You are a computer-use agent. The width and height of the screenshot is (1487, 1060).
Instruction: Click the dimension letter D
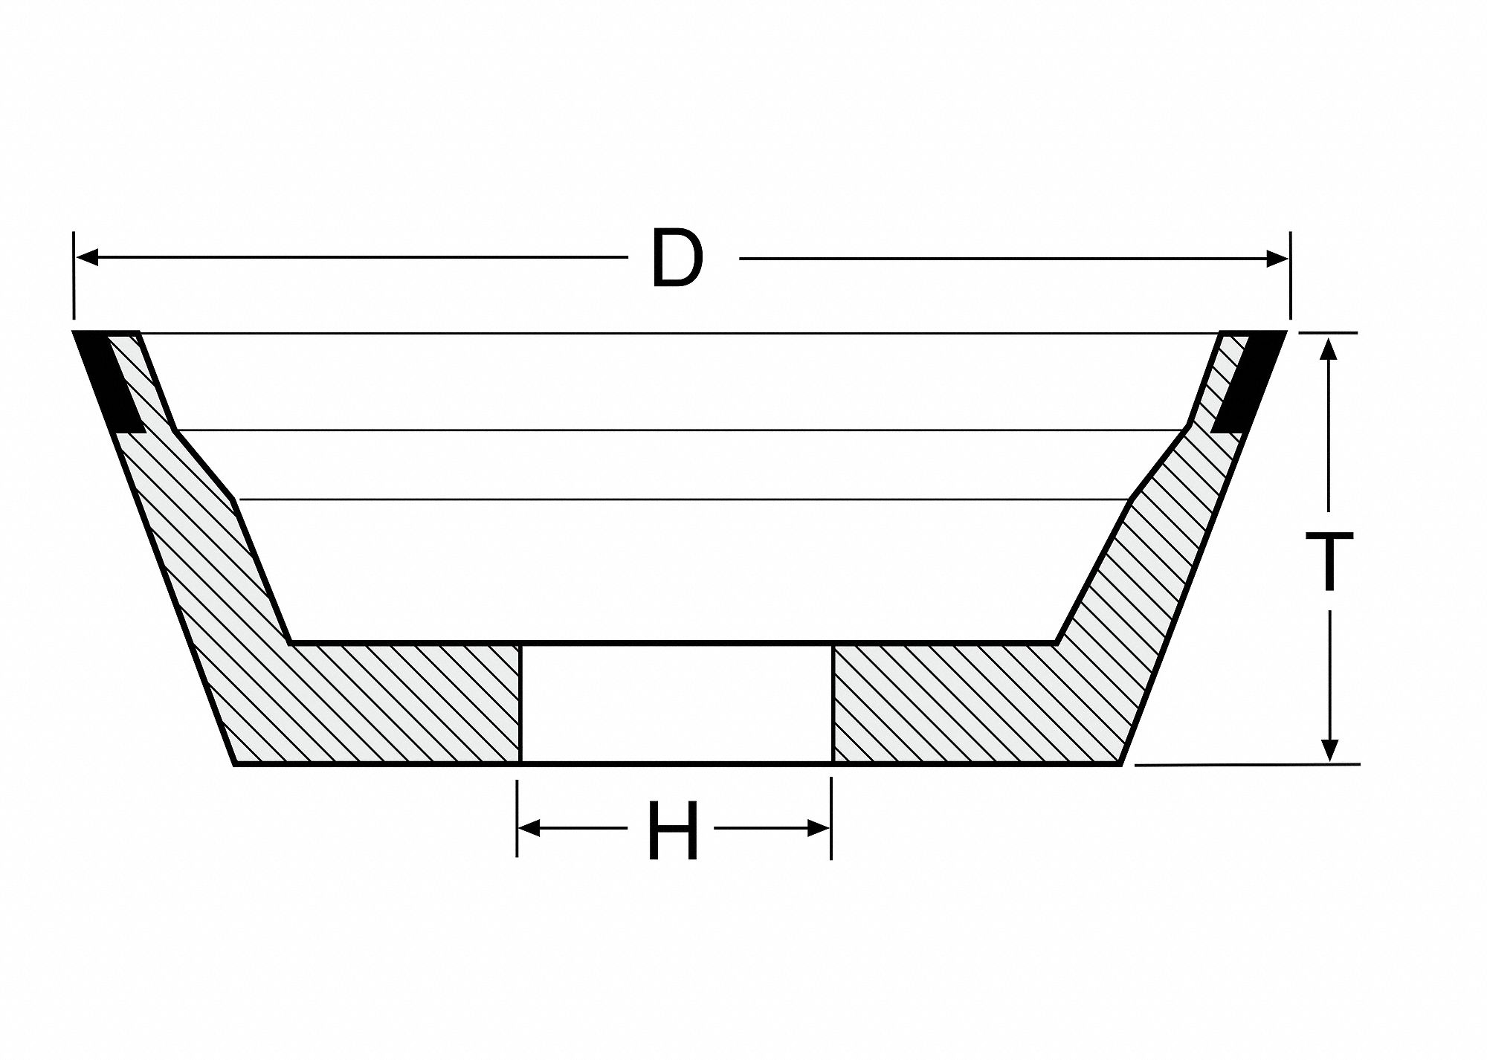tap(676, 258)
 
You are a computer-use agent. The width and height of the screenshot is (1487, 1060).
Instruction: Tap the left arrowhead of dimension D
tap(88, 259)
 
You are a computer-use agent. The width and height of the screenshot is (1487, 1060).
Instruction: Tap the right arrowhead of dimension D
tap(1277, 259)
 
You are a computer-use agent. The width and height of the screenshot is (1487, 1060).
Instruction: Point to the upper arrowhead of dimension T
tap(1330, 348)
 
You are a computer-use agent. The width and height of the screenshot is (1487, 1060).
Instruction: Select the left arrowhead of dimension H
tap(529, 828)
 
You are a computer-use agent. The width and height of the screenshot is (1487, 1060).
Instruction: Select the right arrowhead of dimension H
tap(819, 828)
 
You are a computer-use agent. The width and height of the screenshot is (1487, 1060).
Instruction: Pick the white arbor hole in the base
tap(676, 702)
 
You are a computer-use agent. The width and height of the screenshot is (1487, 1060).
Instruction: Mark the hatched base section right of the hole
tap(967, 704)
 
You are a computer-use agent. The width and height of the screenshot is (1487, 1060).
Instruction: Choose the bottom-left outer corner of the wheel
tap(234, 763)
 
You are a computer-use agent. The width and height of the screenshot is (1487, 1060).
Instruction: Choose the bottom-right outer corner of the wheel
tap(1120, 763)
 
